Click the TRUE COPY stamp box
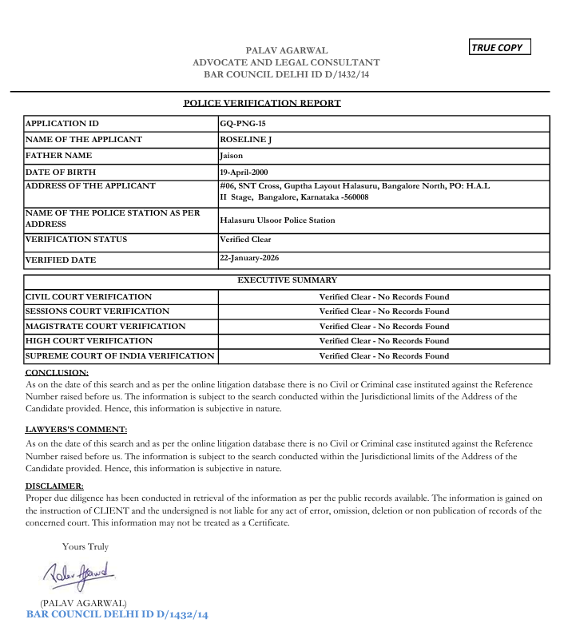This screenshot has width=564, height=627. coord(500,48)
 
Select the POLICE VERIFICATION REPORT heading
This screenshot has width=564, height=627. coord(262,103)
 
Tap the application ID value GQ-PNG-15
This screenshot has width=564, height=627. coord(244,124)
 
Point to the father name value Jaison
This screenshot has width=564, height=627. coord(231,156)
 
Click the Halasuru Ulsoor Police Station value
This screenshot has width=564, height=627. coord(277,220)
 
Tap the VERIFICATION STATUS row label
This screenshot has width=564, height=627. coord(77,240)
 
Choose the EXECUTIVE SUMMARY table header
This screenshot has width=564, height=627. coord(287,280)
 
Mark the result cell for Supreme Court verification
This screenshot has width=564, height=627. coord(384,356)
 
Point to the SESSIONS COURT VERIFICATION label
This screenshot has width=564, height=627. coord(97,312)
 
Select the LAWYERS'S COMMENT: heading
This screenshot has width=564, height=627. coord(76,430)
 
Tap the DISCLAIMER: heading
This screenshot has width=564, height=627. coord(54,486)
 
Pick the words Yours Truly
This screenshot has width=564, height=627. coord(85,547)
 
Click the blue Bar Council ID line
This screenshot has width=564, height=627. coord(117,615)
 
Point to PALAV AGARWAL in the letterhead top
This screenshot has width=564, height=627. coord(286,50)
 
